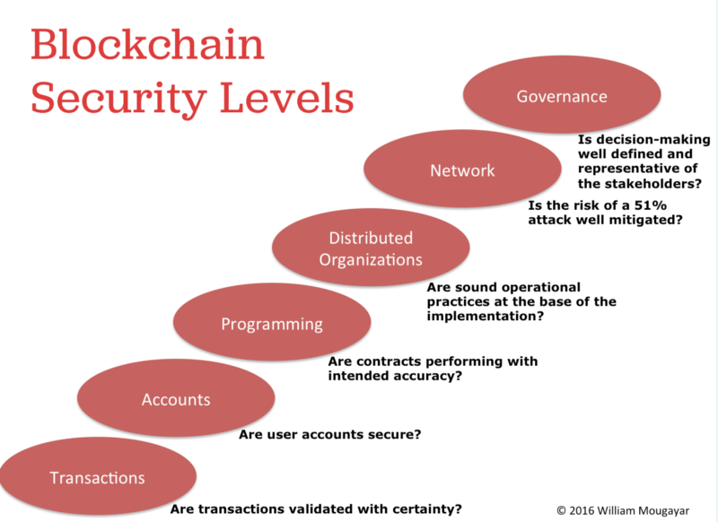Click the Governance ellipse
click(562, 95)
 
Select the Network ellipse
click(462, 169)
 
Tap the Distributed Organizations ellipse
click(371, 248)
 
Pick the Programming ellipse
click(272, 322)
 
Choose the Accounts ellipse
click(176, 398)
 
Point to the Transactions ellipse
click(98, 476)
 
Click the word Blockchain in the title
click(147, 44)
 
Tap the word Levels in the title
click(287, 98)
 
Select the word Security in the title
click(118, 100)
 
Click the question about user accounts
click(329, 434)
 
